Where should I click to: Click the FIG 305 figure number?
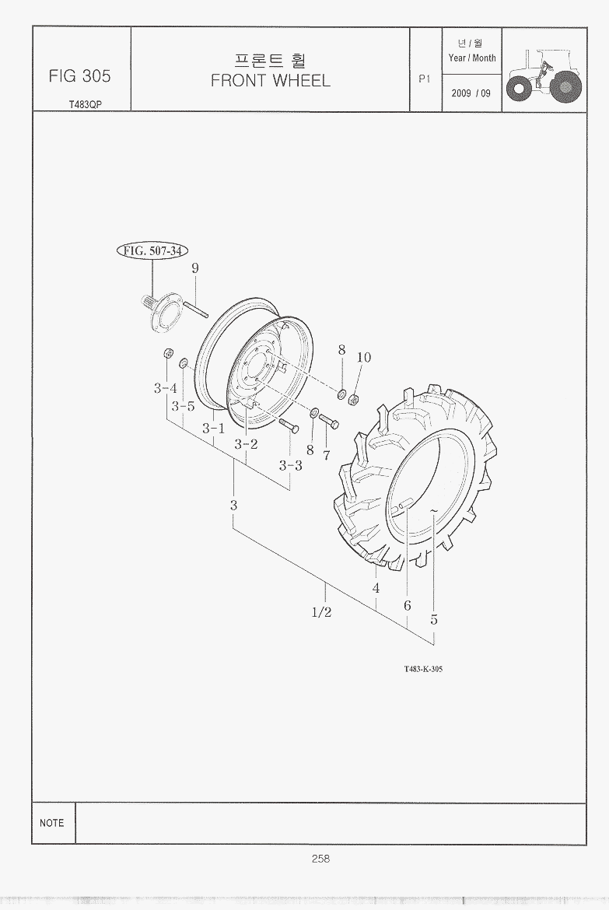pos(79,76)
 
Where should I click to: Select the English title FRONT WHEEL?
pos(271,81)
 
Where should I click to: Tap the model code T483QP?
pos(86,105)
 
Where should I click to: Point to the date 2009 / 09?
pos(471,93)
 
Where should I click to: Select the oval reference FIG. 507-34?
pos(152,250)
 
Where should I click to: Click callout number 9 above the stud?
pos(195,268)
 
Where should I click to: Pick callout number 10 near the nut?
pos(363,358)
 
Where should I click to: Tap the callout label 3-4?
pos(166,388)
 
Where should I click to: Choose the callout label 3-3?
pos(290,465)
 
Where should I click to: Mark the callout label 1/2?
pos(322,612)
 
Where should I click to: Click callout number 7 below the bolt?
pos(326,456)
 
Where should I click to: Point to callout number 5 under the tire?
pos(434,620)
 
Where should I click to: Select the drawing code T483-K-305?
pos(423,669)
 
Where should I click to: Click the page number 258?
pos(320,859)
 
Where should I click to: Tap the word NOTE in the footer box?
pos(51,823)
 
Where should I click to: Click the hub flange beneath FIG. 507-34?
pos(159,312)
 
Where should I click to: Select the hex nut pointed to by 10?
pos(352,399)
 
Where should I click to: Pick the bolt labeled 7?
pos(328,422)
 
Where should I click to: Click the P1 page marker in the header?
pos(425,79)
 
